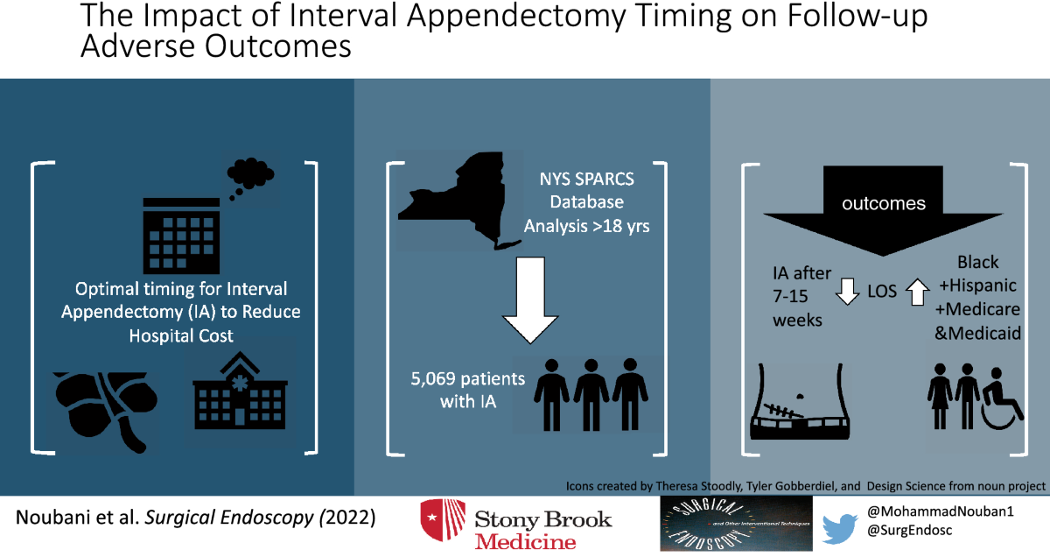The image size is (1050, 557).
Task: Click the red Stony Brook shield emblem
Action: point(442,525)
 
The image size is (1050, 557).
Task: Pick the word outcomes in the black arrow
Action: point(883,204)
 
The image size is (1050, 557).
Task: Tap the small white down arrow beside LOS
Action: point(847,292)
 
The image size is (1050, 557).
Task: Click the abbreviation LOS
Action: point(881,290)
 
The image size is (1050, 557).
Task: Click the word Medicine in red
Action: point(526,541)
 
